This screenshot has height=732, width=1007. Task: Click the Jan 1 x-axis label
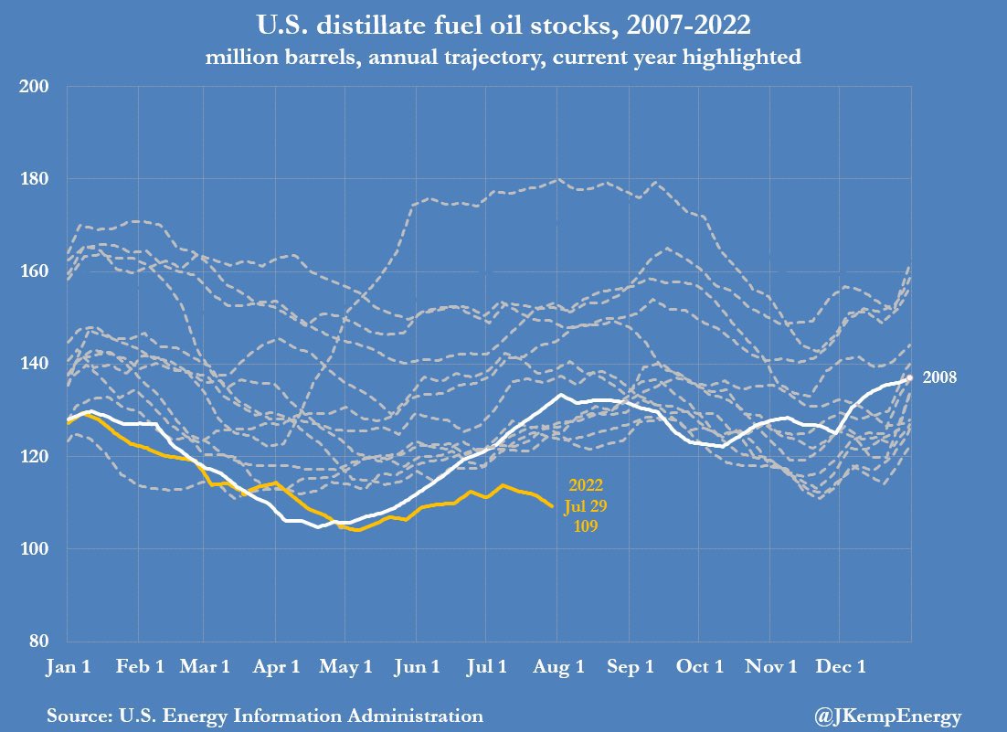pyautogui.click(x=69, y=667)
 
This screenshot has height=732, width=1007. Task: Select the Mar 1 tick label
pyautogui.click(x=206, y=667)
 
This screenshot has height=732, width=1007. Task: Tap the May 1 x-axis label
pyautogui.click(x=345, y=667)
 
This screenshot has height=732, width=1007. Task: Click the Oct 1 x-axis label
pyautogui.click(x=699, y=667)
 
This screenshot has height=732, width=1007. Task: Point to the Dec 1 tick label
pyautogui.click(x=841, y=667)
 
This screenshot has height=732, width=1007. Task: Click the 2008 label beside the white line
pyautogui.click(x=939, y=377)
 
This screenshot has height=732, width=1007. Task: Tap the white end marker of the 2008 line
pyautogui.click(x=909, y=377)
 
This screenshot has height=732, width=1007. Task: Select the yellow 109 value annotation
pyautogui.click(x=585, y=525)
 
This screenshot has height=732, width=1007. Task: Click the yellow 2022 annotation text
pyautogui.click(x=585, y=484)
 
